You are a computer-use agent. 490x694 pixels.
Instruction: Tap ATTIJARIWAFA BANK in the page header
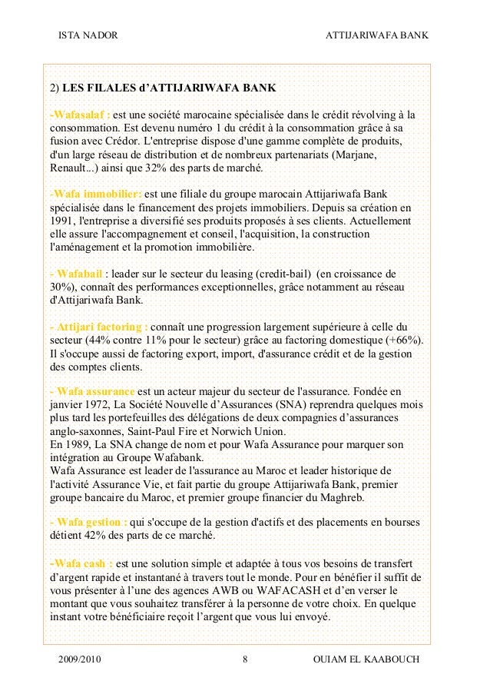[377, 35]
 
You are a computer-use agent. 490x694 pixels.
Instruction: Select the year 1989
[77, 443]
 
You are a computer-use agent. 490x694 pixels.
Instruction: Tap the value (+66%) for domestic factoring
[411, 340]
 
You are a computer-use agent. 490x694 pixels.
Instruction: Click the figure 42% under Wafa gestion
[95, 536]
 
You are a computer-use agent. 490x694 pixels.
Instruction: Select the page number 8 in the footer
[244, 660]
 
